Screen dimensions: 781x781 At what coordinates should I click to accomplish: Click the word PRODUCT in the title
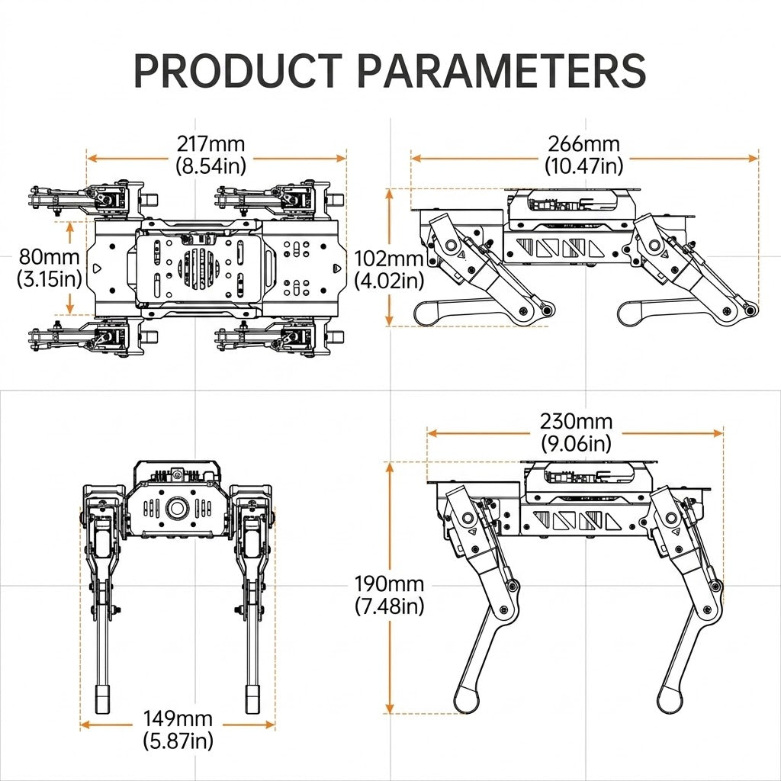(x=238, y=71)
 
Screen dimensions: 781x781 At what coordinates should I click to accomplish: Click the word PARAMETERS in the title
(x=502, y=71)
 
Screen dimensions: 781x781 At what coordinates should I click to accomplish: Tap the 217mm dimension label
(x=211, y=144)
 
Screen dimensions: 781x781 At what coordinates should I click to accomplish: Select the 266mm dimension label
(x=583, y=144)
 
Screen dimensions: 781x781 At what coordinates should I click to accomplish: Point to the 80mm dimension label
(x=49, y=257)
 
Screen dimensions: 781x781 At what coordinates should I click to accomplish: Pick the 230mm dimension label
(x=577, y=421)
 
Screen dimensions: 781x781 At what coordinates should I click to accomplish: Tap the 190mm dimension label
(x=389, y=583)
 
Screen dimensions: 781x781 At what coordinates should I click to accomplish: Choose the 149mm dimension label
(x=178, y=718)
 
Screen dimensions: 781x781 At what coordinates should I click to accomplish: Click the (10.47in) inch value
(x=583, y=166)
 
